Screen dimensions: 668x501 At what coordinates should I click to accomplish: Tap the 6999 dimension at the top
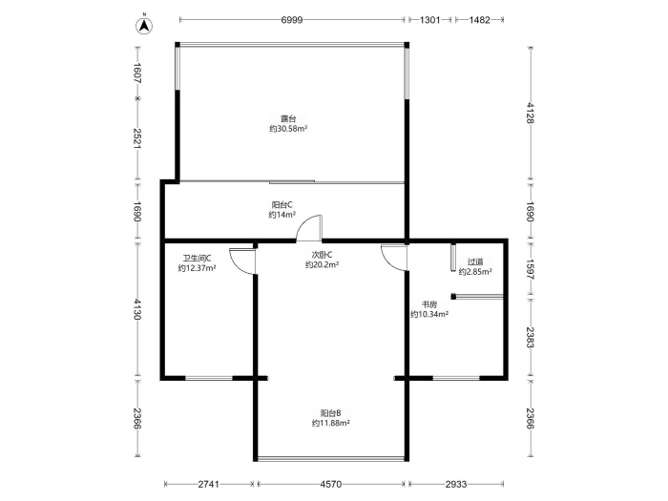tap(292, 20)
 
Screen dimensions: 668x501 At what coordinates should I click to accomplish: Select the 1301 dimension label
tap(429, 20)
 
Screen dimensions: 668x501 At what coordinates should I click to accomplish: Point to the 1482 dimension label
tap(480, 20)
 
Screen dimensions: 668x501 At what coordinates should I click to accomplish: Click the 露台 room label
tap(288, 119)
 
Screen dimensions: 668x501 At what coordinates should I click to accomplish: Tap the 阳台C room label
tap(282, 205)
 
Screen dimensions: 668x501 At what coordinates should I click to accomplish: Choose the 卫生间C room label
tap(197, 259)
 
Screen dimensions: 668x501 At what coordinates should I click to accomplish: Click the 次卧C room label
tap(322, 255)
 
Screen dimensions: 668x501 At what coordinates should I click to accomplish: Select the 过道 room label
tap(475, 261)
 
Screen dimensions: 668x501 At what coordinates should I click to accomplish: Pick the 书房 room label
tap(429, 304)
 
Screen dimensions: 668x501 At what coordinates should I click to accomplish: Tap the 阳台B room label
tap(330, 413)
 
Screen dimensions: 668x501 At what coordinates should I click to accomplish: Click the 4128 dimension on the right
tap(530, 113)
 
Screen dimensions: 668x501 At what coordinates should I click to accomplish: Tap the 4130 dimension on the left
tap(137, 309)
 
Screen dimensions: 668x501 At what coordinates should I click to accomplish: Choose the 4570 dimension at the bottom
tap(330, 484)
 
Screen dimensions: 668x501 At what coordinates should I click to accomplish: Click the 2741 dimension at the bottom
tap(209, 484)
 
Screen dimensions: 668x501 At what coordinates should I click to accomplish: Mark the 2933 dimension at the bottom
tap(456, 484)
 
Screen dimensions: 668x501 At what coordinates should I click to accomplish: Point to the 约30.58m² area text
tap(288, 129)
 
